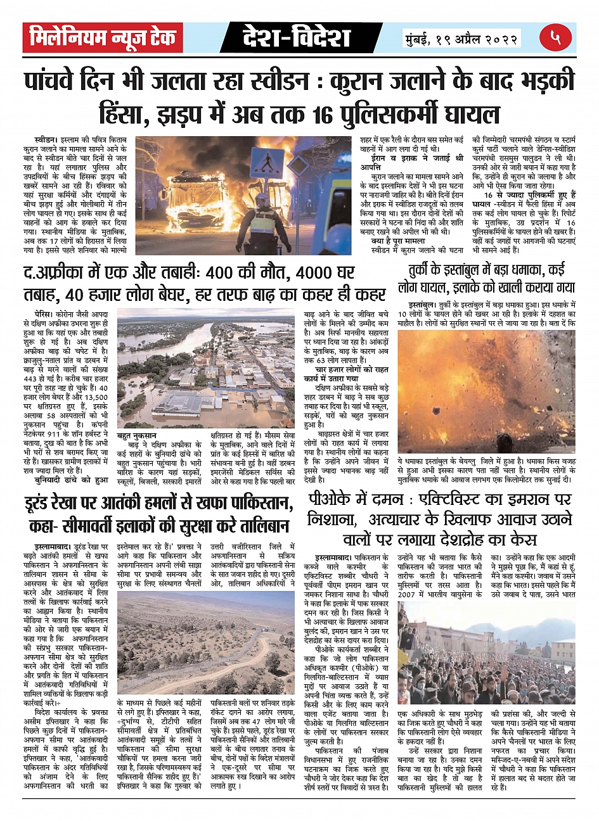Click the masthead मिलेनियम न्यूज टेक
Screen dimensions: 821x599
tap(103, 39)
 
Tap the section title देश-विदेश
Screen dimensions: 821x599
tap(296, 39)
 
